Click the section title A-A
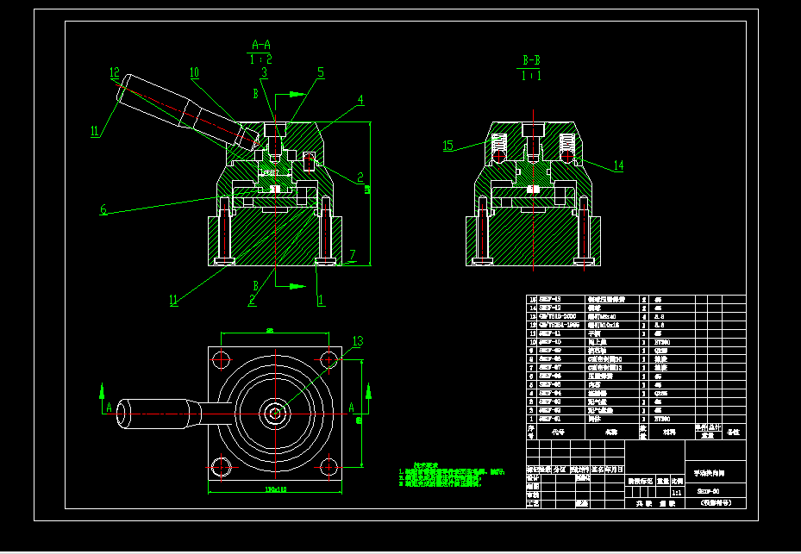[261, 45]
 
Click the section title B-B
[532, 61]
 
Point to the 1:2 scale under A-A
[261, 59]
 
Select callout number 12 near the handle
[114, 72]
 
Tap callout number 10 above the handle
[194, 72]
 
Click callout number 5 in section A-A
[321, 73]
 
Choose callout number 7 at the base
[352, 255]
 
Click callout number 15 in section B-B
[448, 146]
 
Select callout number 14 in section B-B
[618, 165]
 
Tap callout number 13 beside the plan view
[358, 341]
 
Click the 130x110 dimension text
[274, 490]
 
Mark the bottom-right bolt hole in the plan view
[329, 468]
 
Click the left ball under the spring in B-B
[498, 158]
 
